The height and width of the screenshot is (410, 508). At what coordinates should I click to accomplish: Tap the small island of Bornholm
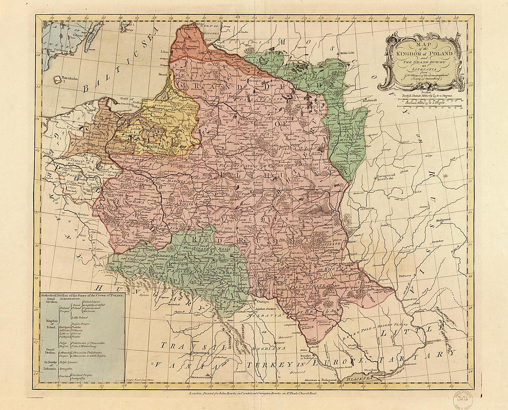(x=57, y=79)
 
